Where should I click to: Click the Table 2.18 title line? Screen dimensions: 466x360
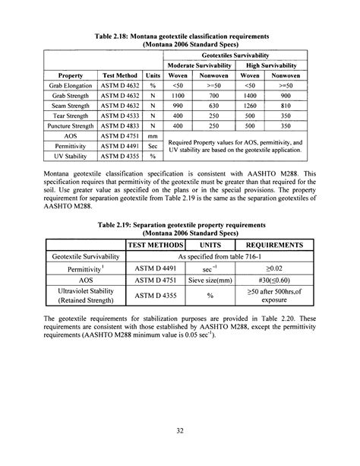click(180, 36)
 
